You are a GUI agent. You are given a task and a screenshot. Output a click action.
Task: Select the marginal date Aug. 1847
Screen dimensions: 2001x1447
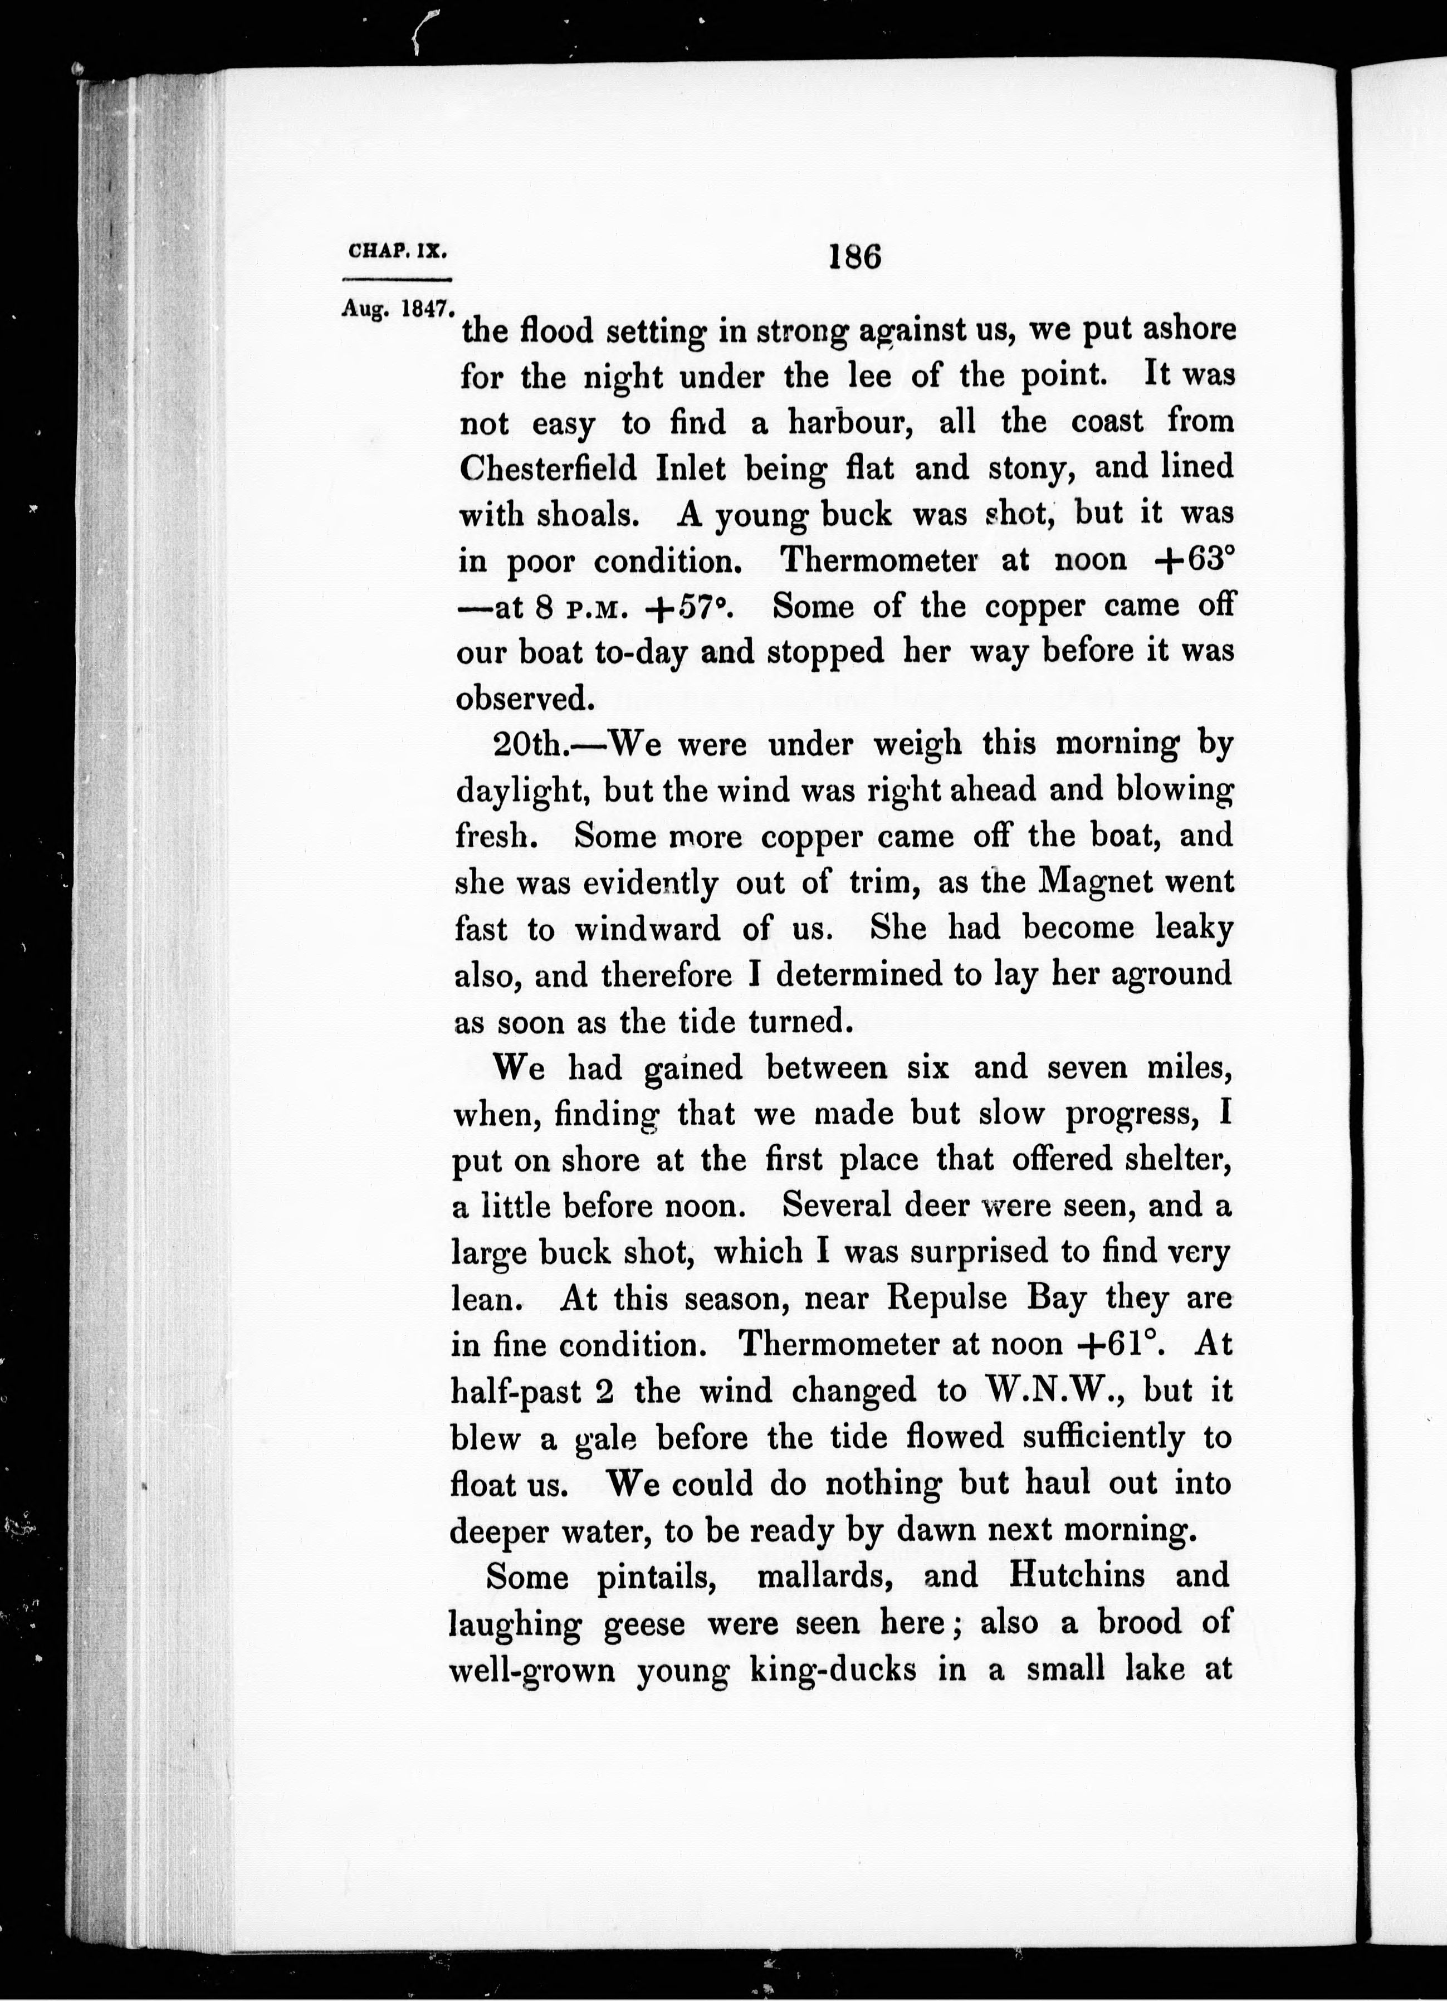click(398, 310)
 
